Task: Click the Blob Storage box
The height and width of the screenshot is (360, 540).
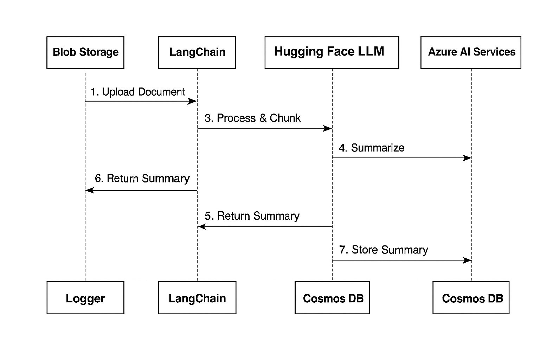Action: point(85,52)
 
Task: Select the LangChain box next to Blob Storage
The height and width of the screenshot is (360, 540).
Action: point(197,52)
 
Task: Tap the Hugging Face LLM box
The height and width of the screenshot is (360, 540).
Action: point(332,52)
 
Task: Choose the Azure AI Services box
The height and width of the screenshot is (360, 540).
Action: point(471,52)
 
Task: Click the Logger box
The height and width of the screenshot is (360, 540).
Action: point(85,298)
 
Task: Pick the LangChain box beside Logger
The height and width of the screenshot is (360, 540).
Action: point(197,298)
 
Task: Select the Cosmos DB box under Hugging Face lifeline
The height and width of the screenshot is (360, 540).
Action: point(332,298)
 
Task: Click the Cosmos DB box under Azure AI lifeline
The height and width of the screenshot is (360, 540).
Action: point(471,298)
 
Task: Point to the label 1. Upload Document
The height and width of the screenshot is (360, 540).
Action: point(138,92)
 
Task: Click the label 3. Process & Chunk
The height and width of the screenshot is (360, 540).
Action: point(252,118)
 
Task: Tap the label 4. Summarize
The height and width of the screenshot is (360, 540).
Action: point(371,148)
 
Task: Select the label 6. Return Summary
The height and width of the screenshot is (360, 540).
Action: point(142,179)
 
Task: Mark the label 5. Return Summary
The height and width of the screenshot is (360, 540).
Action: point(252,216)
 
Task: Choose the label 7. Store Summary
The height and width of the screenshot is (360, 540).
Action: point(384,250)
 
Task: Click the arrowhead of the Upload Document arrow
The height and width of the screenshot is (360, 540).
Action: point(193,102)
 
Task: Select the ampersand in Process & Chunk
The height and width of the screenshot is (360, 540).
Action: point(263,118)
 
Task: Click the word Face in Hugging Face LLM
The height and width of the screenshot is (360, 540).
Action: point(341,52)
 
